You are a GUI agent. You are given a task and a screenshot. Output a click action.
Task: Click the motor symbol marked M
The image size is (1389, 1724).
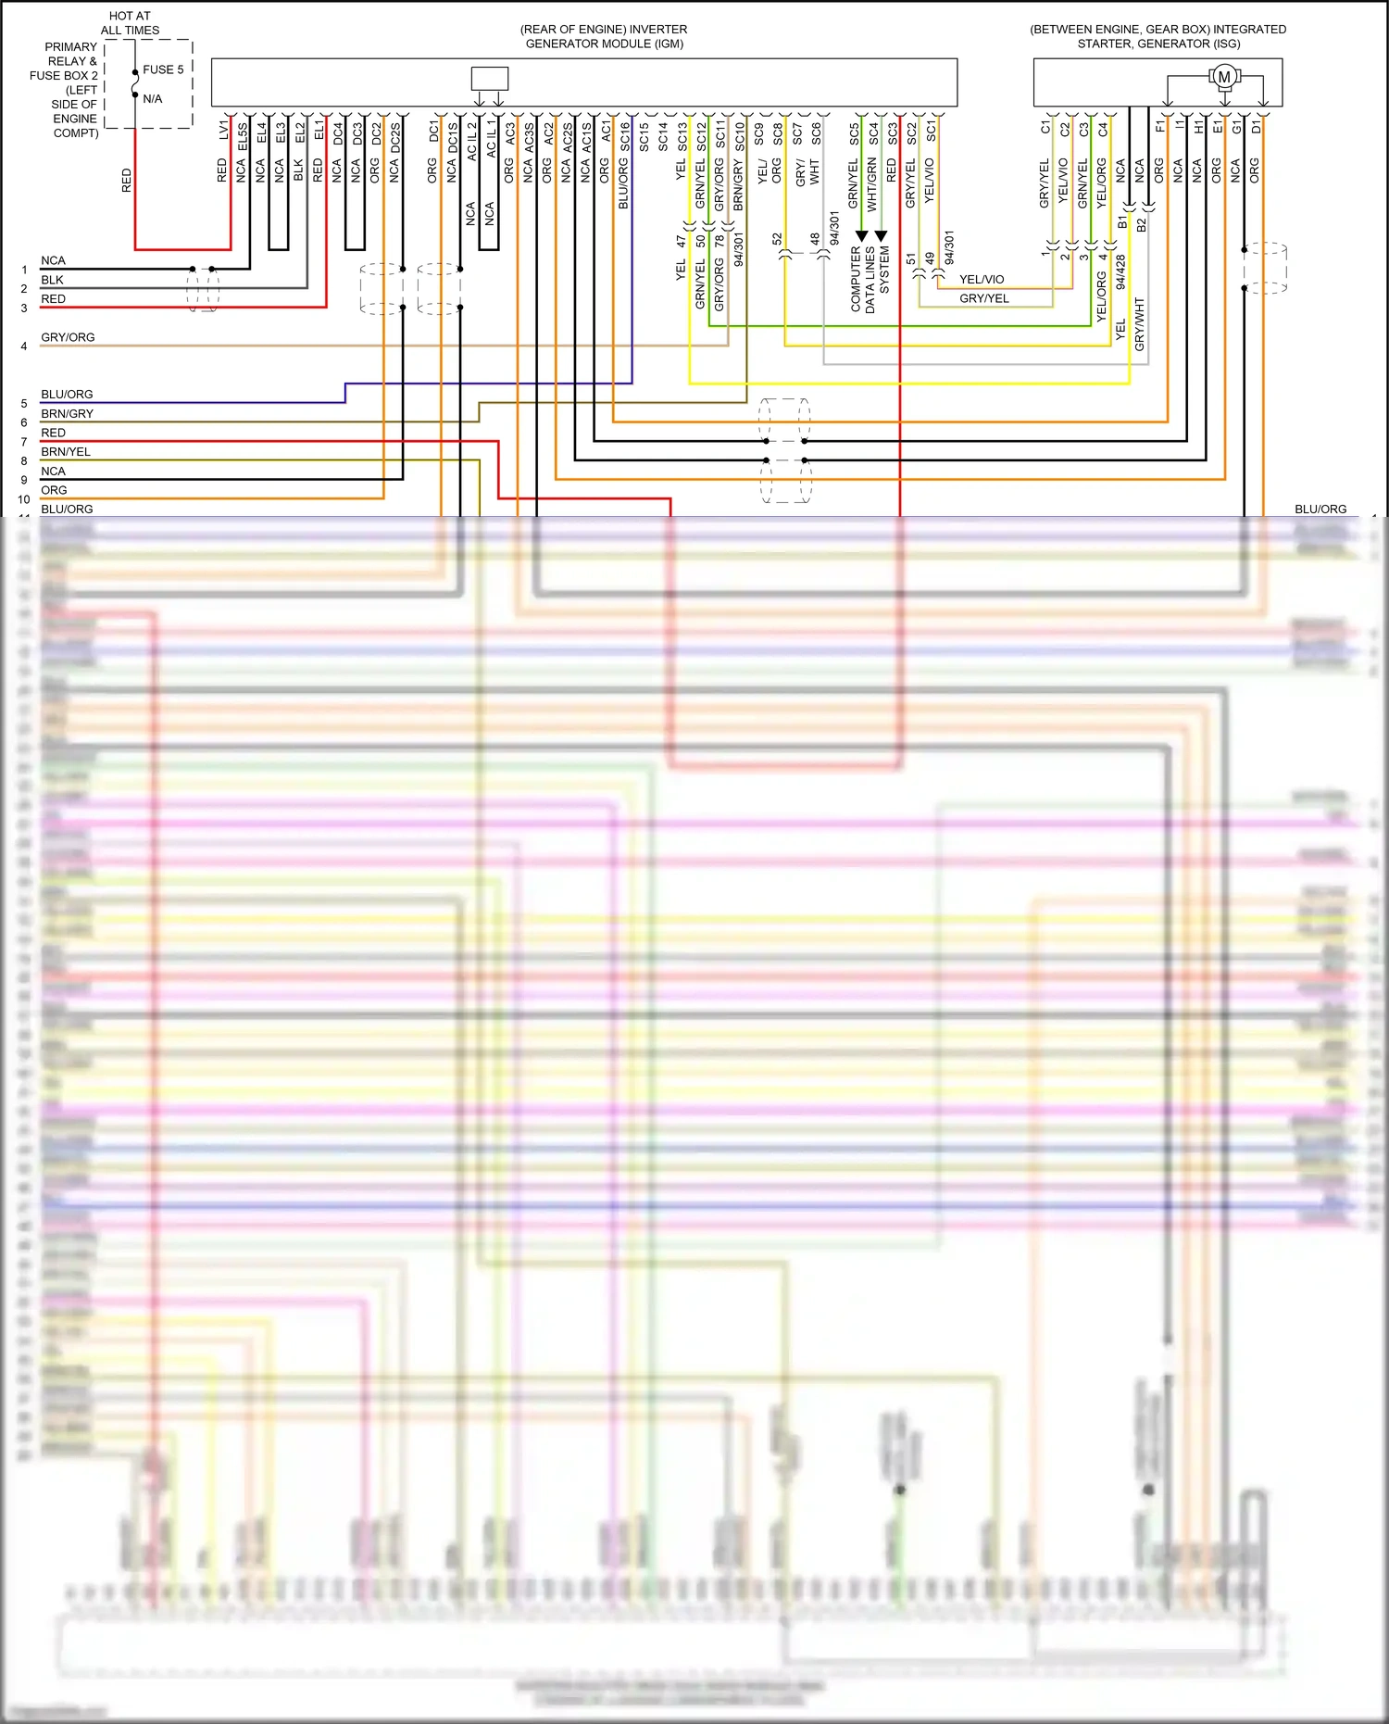[x=1224, y=77]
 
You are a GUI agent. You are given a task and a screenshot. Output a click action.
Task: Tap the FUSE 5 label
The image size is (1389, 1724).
[x=163, y=69]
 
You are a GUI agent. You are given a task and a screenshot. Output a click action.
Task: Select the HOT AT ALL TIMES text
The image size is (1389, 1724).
[x=130, y=23]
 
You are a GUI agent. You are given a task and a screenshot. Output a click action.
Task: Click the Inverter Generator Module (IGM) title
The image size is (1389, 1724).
[x=604, y=36]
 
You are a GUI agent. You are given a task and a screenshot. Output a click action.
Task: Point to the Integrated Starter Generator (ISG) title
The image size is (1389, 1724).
[x=1157, y=36]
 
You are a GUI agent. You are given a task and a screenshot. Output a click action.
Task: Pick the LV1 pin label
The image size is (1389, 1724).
[x=223, y=130]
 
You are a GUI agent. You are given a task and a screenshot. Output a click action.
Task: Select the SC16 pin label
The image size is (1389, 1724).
[x=625, y=136]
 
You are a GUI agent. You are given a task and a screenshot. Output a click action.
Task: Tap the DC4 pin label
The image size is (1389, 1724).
[x=338, y=133]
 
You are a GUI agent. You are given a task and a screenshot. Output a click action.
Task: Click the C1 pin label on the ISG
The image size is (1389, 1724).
[x=1045, y=128]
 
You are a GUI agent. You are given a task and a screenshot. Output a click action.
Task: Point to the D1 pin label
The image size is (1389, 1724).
[x=1256, y=127]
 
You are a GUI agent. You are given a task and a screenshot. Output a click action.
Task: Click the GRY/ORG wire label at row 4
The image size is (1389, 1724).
[x=68, y=337]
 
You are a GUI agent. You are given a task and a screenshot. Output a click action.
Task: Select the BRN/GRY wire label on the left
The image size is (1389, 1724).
[x=67, y=413]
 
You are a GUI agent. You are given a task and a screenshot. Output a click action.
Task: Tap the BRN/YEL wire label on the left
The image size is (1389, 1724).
[x=66, y=452]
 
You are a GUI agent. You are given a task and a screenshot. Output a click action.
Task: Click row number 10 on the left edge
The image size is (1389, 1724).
[x=24, y=499]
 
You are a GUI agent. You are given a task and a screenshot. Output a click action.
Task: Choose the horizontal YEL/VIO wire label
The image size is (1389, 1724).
[x=982, y=279]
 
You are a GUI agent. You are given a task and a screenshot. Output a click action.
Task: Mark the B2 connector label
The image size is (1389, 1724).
[x=1142, y=224]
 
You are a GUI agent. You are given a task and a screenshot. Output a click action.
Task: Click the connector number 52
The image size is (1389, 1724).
[x=777, y=239]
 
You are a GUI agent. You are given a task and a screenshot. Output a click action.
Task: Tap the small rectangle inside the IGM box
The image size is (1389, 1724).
[x=489, y=78]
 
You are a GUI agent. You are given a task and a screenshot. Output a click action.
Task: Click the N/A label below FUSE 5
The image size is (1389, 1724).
[x=152, y=99]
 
